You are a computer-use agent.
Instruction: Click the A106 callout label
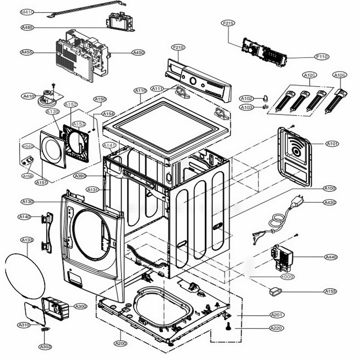(340, 75)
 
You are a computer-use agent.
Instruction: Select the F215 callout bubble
(228, 23)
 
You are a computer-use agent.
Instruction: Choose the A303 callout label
(45, 347)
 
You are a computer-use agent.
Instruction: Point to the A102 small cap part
(265, 98)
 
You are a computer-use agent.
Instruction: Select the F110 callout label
(322, 57)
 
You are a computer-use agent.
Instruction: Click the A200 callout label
(121, 343)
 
